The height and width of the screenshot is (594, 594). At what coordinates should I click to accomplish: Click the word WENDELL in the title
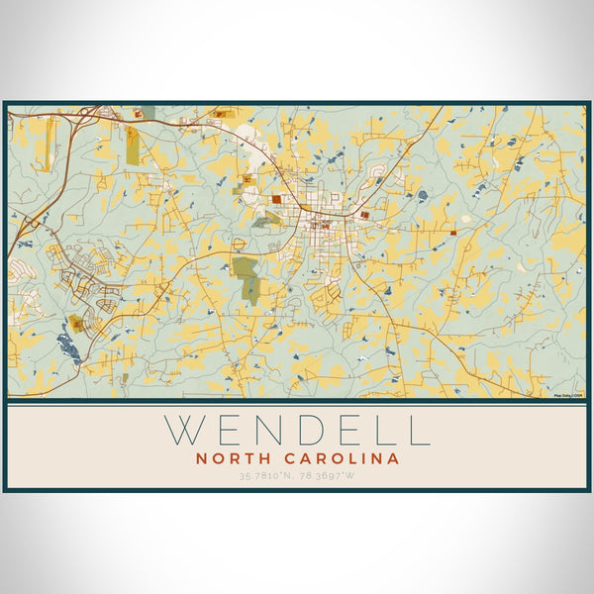pyautogui.click(x=297, y=430)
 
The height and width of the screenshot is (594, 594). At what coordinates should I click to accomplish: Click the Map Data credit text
pyautogui.click(x=569, y=395)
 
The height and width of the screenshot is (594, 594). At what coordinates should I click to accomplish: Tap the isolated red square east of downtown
pyautogui.click(x=453, y=233)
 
